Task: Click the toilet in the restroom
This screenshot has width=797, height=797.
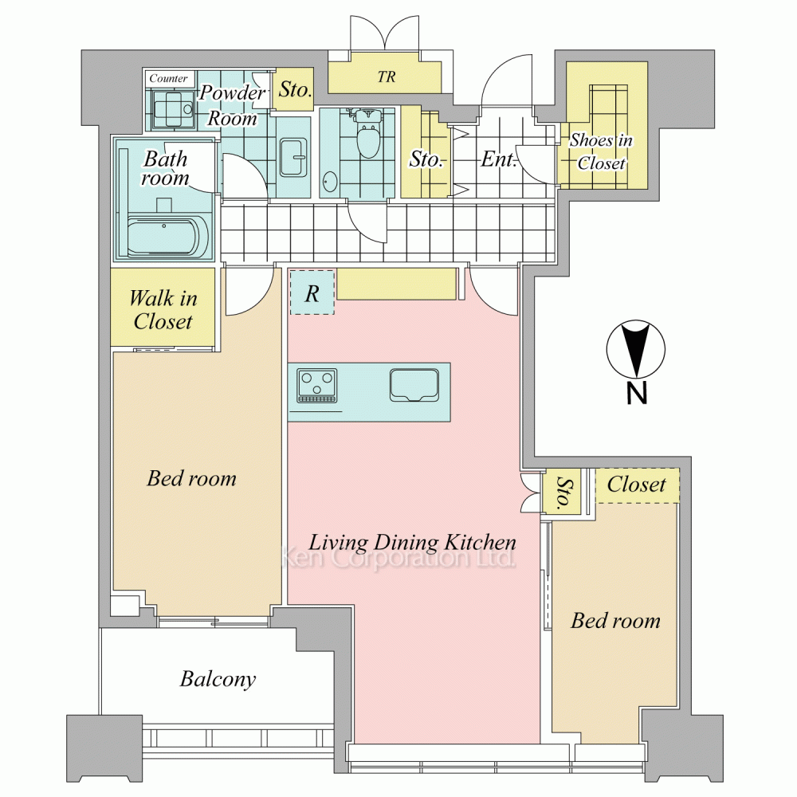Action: (x=368, y=132)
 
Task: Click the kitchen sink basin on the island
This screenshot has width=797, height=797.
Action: (x=414, y=385)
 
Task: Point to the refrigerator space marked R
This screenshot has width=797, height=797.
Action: (x=312, y=292)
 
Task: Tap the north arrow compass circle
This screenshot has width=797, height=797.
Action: (x=636, y=350)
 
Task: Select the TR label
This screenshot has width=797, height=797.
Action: (x=387, y=77)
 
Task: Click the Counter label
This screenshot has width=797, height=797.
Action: (x=168, y=78)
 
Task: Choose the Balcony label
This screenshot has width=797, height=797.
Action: (x=218, y=679)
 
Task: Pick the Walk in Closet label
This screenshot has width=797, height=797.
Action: (x=163, y=309)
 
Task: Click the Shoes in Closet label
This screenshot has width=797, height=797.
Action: (x=601, y=151)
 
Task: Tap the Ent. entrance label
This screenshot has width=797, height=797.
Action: (x=499, y=159)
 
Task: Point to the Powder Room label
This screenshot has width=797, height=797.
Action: (x=232, y=105)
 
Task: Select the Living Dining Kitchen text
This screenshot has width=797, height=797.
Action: (x=412, y=542)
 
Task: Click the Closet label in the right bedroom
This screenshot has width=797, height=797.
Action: (x=636, y=485)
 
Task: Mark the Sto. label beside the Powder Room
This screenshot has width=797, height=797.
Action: (x=295, y=90)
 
